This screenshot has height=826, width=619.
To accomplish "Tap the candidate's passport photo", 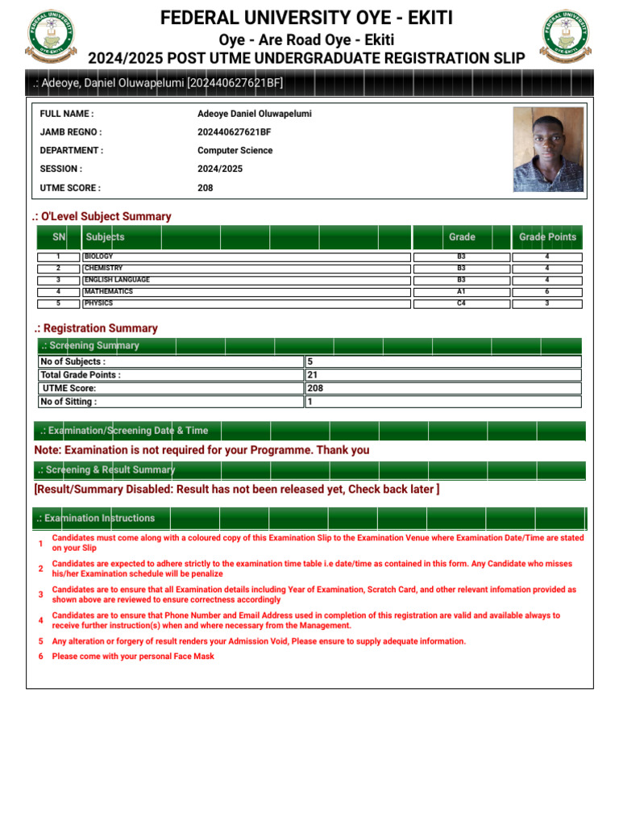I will [x=548, y=149].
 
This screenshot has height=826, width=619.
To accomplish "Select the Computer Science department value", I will [x=235, y=151].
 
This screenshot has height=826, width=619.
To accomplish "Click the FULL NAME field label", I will [x=67, y=114].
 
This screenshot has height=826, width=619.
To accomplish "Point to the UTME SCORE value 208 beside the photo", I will [x=206, y=188].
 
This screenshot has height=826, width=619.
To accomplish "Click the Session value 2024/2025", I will [x=220, y=169].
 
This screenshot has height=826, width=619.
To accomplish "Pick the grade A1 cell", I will [x=461, y=292].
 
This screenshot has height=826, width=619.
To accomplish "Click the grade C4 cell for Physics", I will [x=461, y=304].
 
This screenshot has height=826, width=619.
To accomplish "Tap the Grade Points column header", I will [x=547, y=237].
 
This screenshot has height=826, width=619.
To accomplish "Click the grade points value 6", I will [x=547, y=292].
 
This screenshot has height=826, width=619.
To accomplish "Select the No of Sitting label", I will [x=69, y=402].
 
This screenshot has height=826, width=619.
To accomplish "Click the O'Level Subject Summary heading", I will [x=102, y=216].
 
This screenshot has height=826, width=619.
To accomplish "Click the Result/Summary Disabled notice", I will [x=236, y=490].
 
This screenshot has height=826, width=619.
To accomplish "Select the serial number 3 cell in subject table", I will [x=58, y=280].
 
